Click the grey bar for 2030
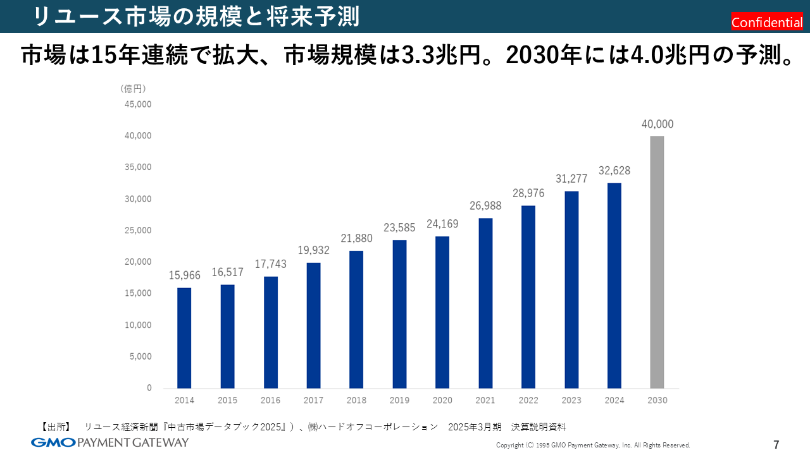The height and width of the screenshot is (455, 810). tap(657, 262)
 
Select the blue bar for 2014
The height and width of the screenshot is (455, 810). tap(184, 337)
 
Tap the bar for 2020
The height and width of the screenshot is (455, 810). tap(442, 312)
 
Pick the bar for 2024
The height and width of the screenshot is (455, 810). tap(614, 285)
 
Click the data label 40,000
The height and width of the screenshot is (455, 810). tap(657, 124)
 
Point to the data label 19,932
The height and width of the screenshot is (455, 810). tap(313, 251)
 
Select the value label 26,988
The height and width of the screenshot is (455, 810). tap(485, 206)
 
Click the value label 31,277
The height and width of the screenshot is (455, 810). tap(571, 179)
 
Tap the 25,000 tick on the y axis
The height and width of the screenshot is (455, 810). tap(140, 230)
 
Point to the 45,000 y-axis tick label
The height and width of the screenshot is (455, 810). tap(140, 104)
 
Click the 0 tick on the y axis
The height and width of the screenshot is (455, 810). tap(149, 387)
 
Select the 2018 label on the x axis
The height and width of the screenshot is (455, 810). tap(356, 401)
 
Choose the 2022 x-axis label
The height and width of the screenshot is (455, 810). tap(528, 401)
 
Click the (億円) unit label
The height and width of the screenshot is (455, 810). tap(133, 89)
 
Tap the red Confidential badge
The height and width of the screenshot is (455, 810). tap(767, 22)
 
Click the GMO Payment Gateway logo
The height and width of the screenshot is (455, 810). tap(109, 442)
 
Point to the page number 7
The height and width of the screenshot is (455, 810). tap(776, 444)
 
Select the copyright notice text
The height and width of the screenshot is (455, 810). tap(593, 445)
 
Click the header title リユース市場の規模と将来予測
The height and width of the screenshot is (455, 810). tap(196, 16)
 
